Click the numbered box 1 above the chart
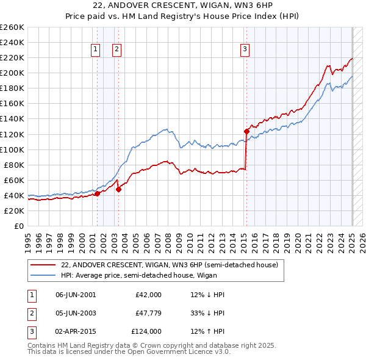pyautogui.click(x=96, y=50)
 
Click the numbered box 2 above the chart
pyautogui.click(x=116, y=50)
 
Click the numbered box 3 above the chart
pyautogui.click(x=245, y=50)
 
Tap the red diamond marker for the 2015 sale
pyautogui.click(x=246, y=131)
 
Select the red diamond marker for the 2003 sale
pyautogui.click(x=118, y=189)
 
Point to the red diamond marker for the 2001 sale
pyautogui.click(x=97, y=193)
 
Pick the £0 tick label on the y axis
pyautogui.click(x=18, y=226)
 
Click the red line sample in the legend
pyautogui.click(x=43, y=265)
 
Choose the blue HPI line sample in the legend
pyautogui.click(x=43, y=275)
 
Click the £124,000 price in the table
pyautogui.click(x=146, y=331)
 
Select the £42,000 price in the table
pyautogui.click(x=148, y=295)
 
